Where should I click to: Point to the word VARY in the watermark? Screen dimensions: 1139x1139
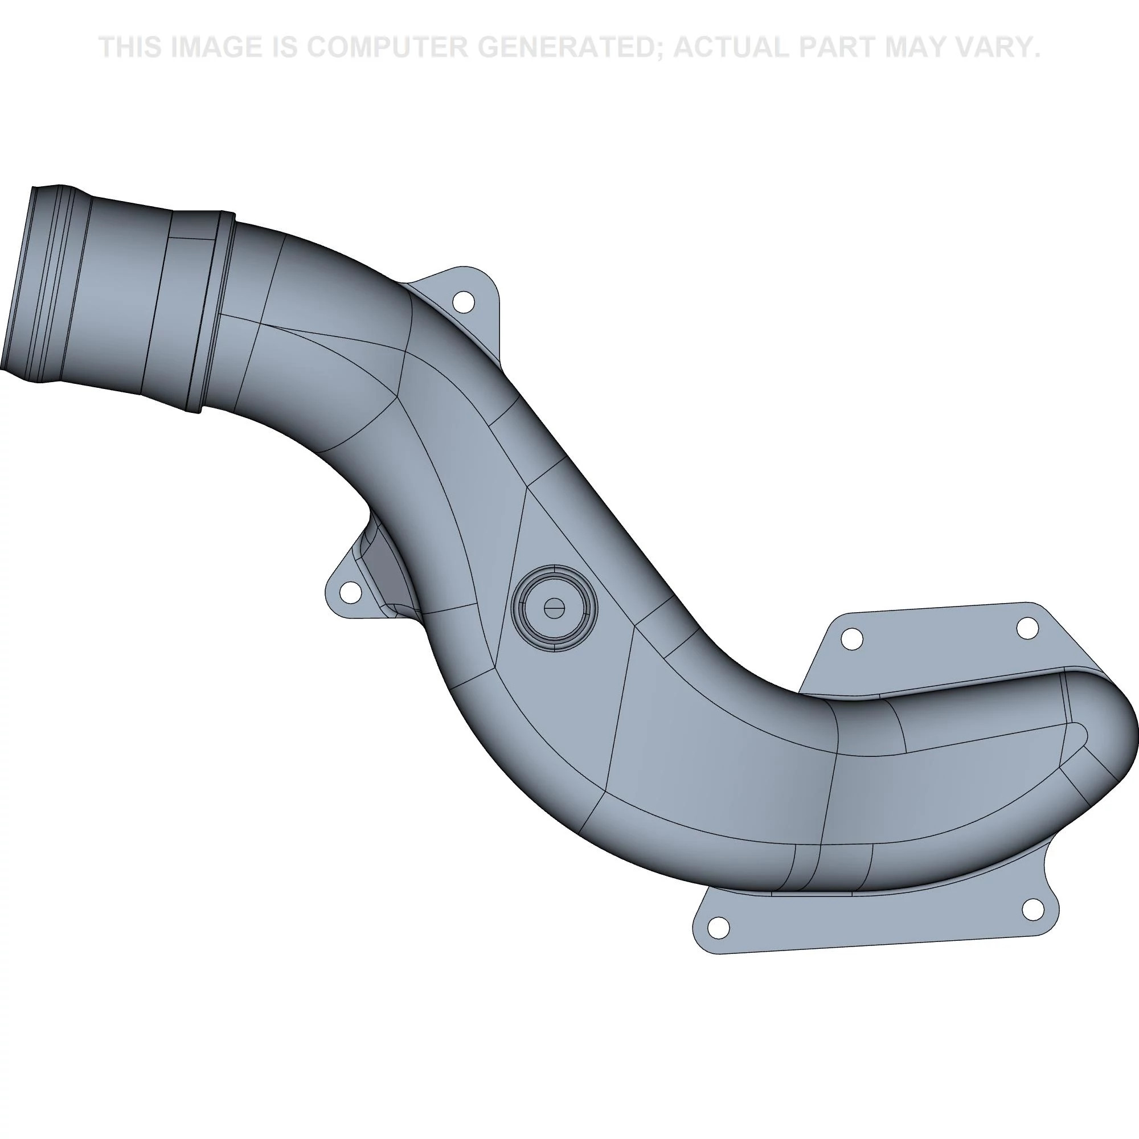click(x=1001, y=47)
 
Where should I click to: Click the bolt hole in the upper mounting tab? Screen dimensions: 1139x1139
click(x=463, y=302)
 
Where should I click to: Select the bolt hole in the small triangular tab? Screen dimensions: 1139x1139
click(x=351, y=591)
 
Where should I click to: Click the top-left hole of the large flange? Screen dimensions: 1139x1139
click(x=851, y=638)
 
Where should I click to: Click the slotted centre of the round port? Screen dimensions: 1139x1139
click(x=554, y=608)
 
